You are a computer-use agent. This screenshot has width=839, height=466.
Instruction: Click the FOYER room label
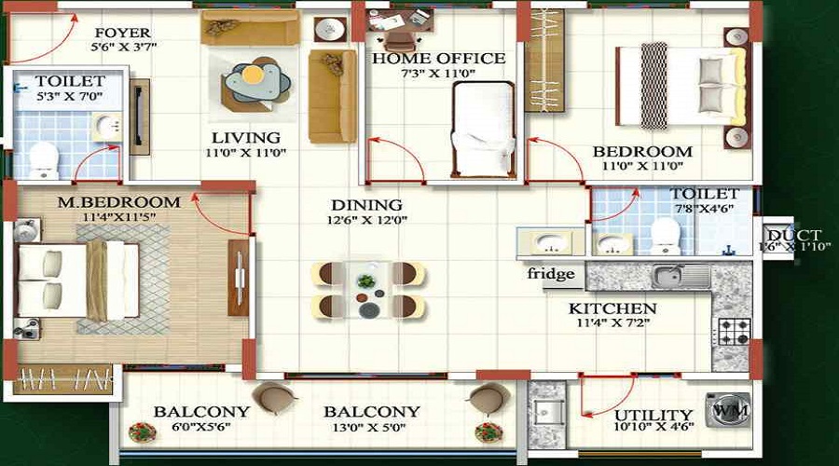pos(122,33)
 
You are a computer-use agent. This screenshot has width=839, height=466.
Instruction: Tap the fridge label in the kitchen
pos(551,274)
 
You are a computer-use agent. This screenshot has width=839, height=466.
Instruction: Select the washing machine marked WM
pos(728,410)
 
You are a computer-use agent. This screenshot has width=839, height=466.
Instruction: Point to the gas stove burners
pos(733,332)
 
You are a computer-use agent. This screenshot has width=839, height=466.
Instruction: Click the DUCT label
pos(794,235)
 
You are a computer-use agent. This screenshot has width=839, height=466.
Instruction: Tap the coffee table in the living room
pos(257,81)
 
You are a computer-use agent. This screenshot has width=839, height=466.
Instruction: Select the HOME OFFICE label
pos(439,59)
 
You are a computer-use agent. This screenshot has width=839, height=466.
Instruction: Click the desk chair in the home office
pos(399,40)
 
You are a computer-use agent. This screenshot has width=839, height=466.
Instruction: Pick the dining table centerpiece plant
pos(366,281)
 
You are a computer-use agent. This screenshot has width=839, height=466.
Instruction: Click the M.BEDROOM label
pos(118,202)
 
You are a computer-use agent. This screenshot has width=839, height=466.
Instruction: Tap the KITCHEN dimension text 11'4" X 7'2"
pos(612,322)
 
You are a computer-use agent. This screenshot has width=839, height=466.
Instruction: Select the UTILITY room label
pos(653,415)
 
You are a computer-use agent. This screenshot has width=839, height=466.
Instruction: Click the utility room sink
pos(547,413)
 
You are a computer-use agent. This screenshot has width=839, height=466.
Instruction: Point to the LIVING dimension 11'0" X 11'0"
pos(245,153)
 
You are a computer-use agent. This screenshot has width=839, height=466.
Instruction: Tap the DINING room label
pos(367,205)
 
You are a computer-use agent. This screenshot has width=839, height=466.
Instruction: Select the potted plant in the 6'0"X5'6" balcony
pos(142,432)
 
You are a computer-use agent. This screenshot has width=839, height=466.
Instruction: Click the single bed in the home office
pos(483,129)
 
